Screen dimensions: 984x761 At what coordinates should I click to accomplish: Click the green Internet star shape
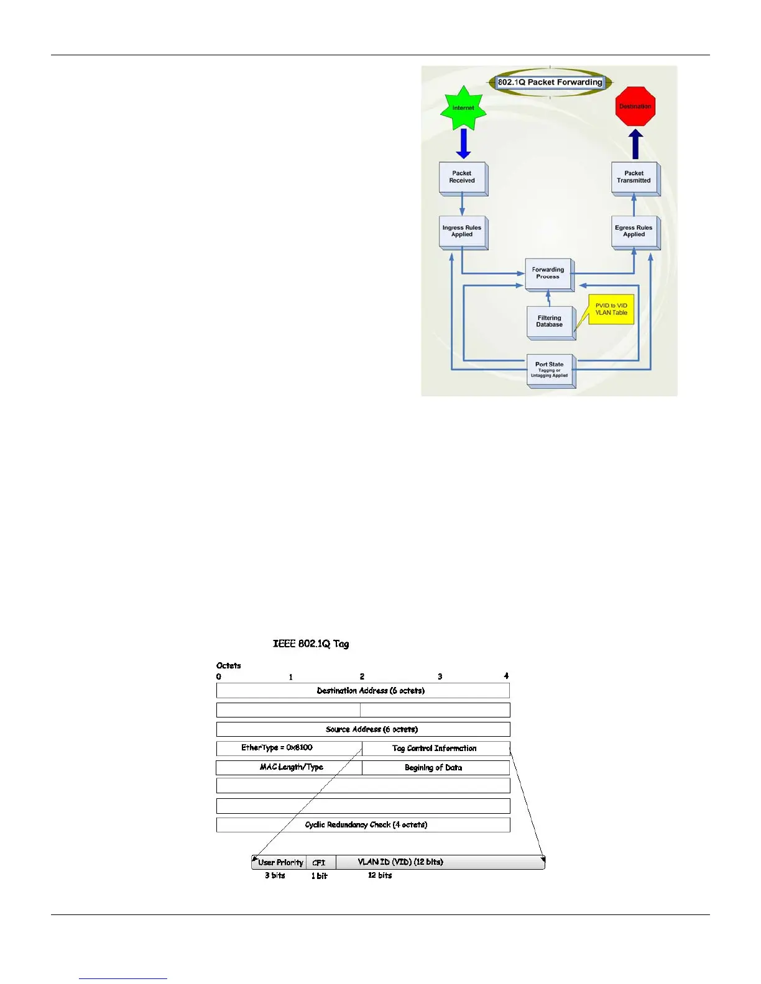click(x=463, y=108)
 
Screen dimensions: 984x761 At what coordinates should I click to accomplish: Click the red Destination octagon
click(x=635, y=106)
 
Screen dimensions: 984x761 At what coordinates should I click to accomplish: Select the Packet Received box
click(x=462, y=178)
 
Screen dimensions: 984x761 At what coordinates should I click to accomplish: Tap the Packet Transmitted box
click(x=634, y=178)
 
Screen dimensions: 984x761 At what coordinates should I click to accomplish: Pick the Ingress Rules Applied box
click(x=462, y=232)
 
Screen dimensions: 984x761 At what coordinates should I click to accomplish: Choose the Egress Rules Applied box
click(x=634, y=232)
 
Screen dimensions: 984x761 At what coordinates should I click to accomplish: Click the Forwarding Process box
click(x=548, y=274)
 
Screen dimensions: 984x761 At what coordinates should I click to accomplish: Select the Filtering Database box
click(x=550, y=322)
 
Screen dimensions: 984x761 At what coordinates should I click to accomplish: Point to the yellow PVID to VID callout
click(x=611, y=309)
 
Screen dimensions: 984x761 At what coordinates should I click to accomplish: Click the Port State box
click(x=549, y=370)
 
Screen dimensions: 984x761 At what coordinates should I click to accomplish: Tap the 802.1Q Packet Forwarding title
click(x=550, y=82)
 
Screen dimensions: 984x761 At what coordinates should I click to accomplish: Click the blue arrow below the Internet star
click(x=463, y=143)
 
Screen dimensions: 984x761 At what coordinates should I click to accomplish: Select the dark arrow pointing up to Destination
click(x=635, y=145)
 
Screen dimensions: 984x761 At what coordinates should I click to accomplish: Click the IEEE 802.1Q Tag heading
click(x=311, y=644)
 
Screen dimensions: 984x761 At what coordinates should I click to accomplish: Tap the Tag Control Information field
click(x=435, y=749)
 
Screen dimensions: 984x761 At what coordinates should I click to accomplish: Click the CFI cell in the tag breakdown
click(x=320, y=863)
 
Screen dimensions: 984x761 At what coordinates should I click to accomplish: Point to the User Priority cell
click(x=280, y=862)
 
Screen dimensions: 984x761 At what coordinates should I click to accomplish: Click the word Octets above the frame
click(x=229, y=665)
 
